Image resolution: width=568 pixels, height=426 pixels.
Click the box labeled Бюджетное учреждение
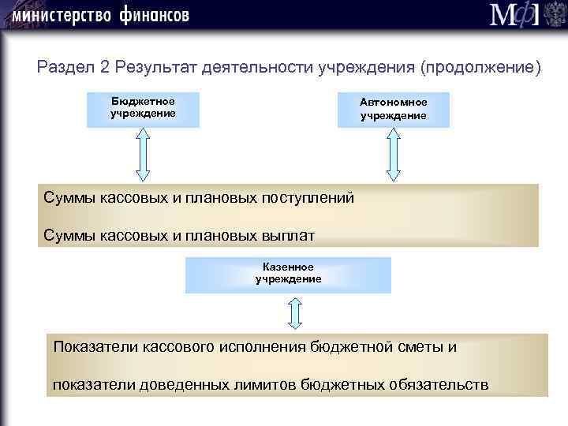pyautogui.click(x=143, y=108)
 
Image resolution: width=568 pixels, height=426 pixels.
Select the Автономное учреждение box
pyautogui.click(x=393, y=110)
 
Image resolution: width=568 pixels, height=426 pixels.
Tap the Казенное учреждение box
pyautogui.click(x=288, y=274)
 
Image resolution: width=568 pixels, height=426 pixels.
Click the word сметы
pyautogui.click(x=417, y=346)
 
